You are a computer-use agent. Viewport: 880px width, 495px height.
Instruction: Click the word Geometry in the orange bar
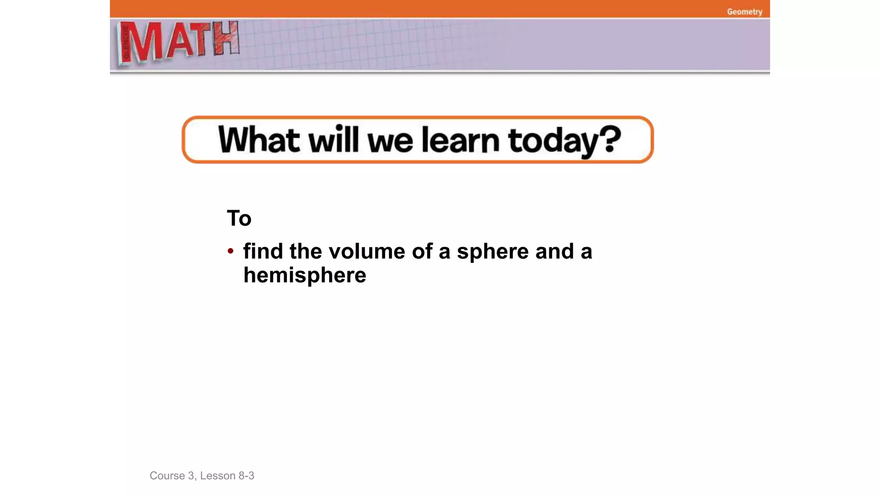point(744,12)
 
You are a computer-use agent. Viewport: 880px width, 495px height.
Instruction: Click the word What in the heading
point(259,140)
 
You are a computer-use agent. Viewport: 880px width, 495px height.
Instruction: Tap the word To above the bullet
point(239,218)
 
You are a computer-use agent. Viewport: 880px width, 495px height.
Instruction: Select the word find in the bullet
point(263,251)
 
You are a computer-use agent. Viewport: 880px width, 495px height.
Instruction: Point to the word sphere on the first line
point(492,252)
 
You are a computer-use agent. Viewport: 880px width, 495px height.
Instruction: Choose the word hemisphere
point(305,275)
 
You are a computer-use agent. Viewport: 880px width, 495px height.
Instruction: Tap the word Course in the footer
point(167,476)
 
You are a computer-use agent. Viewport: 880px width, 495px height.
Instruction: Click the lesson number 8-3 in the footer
point(246,476)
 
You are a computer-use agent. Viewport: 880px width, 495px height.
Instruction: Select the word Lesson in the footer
point(217,476)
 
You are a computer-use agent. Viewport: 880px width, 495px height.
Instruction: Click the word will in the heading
point(333,140)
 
